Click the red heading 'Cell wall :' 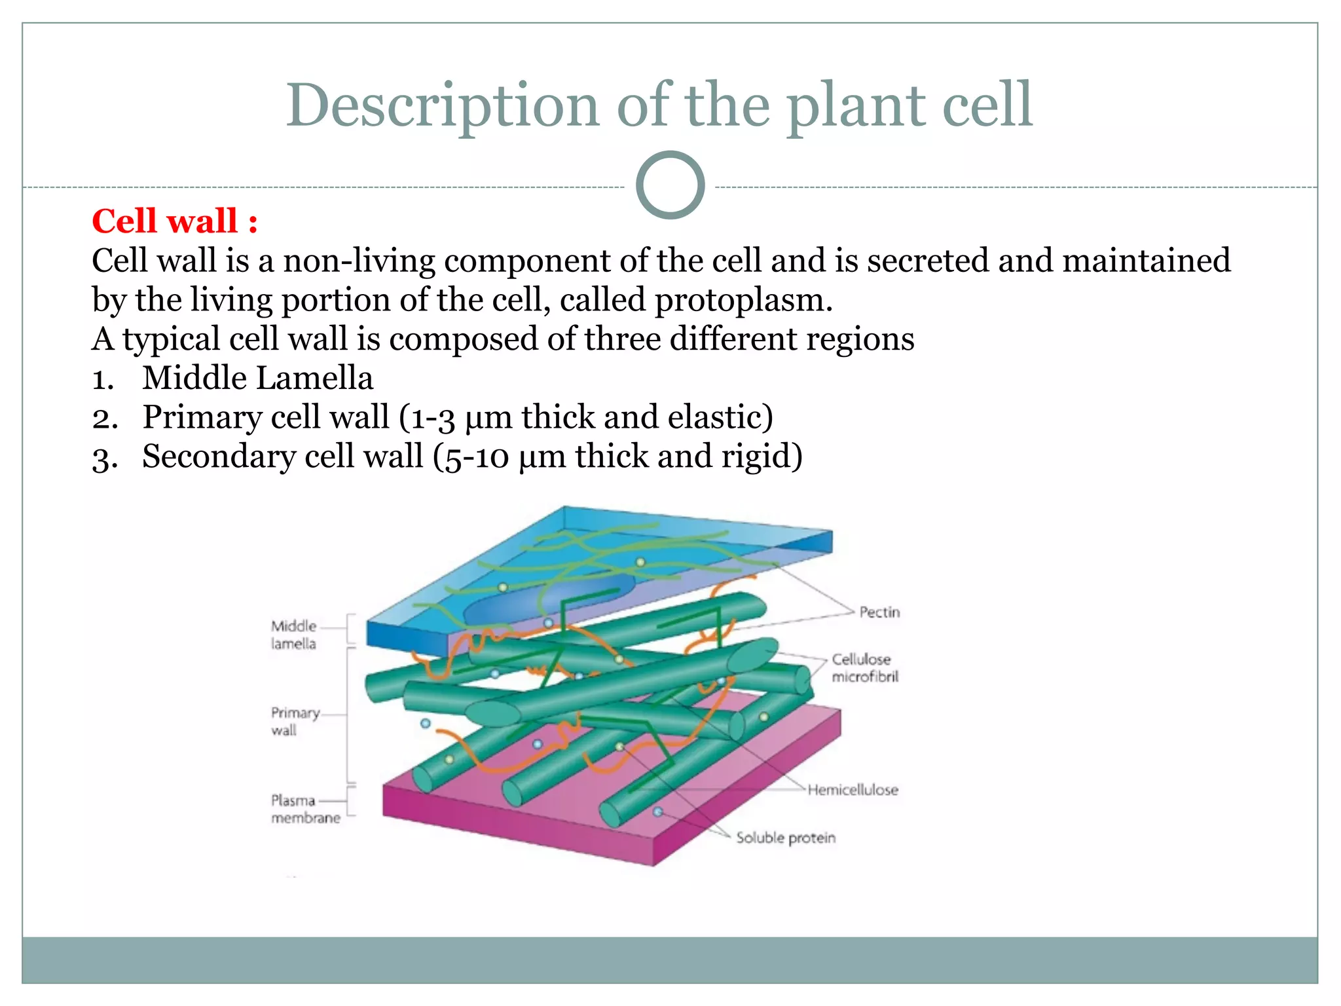click(174, 221)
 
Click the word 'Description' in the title click(443, 106)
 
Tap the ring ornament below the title click(670, 185)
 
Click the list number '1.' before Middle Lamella click(103, 379)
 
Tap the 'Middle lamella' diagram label click(293, 635)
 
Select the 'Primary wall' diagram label click(295, 721)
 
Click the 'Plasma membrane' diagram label click(305, 809)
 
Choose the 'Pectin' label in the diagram click(879, 612)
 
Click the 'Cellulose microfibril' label click(864, 668)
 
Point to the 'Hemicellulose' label click(853, 790)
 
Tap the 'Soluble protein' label click(786, 838)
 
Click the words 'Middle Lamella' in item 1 click(257, 379)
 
